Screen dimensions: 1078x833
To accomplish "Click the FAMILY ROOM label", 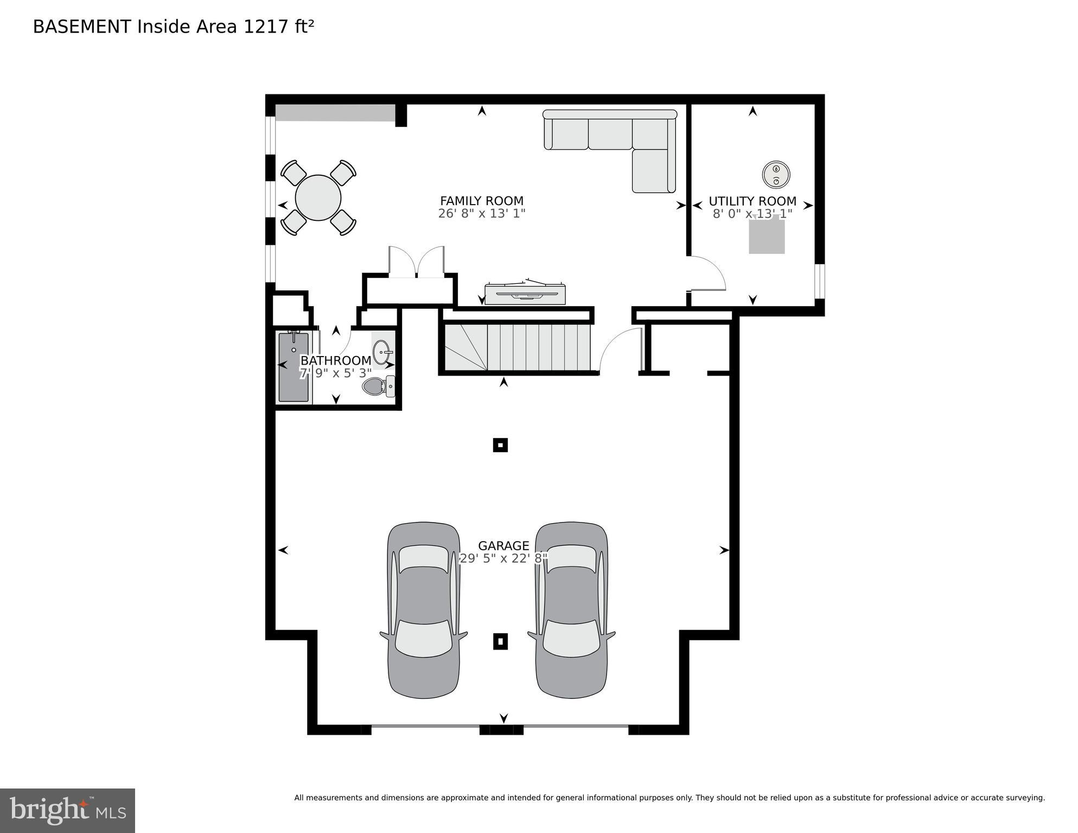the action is pyautogui.click(x=482, y=201).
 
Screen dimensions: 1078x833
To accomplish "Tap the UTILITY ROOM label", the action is pyautogui.click(x=752, y=201).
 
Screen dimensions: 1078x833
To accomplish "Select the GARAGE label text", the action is pyautogui.click(x=503, y=545).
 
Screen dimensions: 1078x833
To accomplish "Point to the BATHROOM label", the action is pyautogui.click(x=336, y=360).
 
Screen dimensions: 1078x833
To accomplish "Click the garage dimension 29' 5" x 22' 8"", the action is pyautogui.click(x=503, y=558).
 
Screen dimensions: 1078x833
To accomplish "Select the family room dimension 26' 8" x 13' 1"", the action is pyautogui.click(x=482, y=213).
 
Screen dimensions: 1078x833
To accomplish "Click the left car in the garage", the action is pyautogui.click(x=424, y=610).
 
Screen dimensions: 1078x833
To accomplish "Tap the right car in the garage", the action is pyautogui.click(x=572, y=610).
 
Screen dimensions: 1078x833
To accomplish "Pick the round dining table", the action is pyautogui.click(x=318, y=198).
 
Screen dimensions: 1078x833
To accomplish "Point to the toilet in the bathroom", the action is pyautogui.click(x=379, y=386).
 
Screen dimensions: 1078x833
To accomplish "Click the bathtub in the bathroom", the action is pyautogui.click(x=294, y=367).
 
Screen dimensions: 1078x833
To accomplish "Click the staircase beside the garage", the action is pyautogui.click(x=518, y=347).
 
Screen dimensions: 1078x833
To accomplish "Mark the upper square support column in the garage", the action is pyautogui.click(x=500, y=446).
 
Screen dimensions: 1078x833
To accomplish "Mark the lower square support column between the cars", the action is pyautogui.click(x=500, y=641).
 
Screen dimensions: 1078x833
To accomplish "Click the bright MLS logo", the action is pyautogui.click(x=68, y=811).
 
